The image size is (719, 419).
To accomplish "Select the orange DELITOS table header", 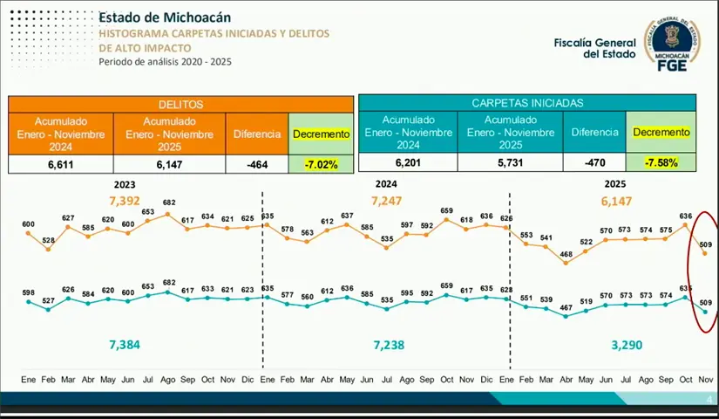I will [x=180, y=104].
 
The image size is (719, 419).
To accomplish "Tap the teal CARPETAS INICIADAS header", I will [x=527, y=102].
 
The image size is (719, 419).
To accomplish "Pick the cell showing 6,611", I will [x=60, y=164].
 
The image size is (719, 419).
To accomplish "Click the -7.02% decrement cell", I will [x=321, y=164].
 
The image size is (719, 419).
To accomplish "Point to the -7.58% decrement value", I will [x=661, y=162].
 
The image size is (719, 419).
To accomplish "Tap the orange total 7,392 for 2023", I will [x=125, y=201].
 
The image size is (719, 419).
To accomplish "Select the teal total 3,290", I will [x=627, y=345].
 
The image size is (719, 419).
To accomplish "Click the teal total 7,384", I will [x=124, y=345].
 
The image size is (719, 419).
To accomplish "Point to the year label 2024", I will [x=386, y=184].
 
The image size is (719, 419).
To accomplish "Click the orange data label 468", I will [x=566, y=254].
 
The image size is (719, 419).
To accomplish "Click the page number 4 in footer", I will [x=709, y=400].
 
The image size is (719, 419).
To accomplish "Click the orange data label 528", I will [x=49, y=240].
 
